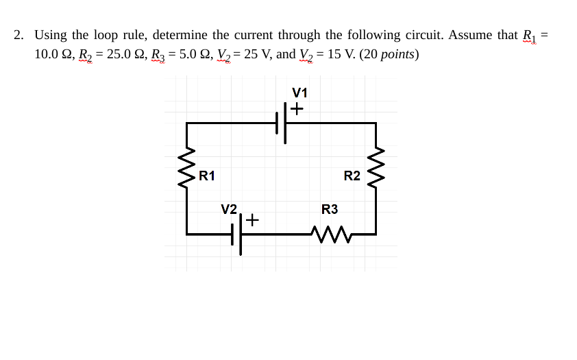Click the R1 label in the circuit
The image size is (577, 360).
pos(207,176)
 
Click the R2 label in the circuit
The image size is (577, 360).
pos(352,176)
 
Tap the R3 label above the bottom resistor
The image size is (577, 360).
pos(330,209)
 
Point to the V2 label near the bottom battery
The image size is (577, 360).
pos(229,208)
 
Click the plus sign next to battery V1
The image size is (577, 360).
pos(297,109)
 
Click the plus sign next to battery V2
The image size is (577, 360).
pos(252,221)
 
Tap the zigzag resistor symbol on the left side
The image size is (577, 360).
pos(186,167)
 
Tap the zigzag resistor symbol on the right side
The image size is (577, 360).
pos(376,167)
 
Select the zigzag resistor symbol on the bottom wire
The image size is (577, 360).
pos(330,235)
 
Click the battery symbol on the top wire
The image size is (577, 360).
pos(282,124)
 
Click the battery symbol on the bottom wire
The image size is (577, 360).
pos(237,235)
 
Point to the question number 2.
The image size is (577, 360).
pos(19,35)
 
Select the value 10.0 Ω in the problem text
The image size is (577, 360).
pos(55,54)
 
